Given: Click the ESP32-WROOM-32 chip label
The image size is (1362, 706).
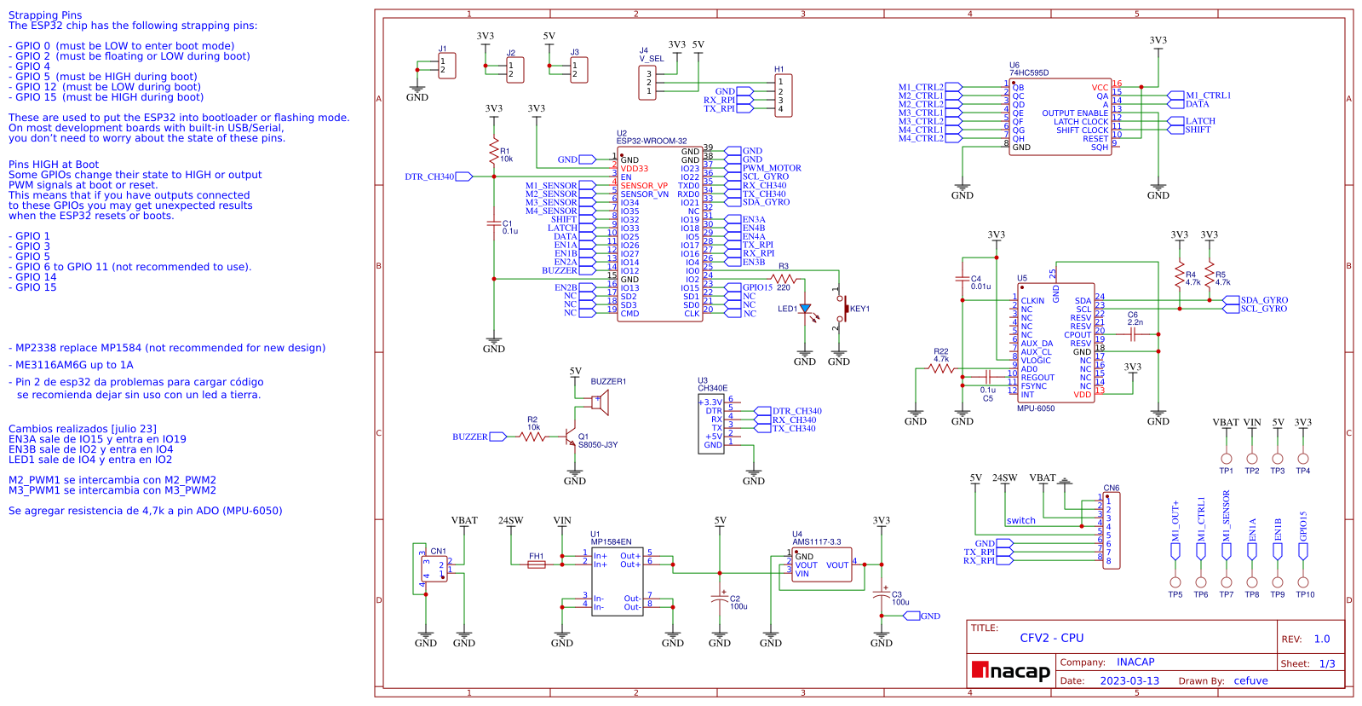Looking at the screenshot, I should (x=651, y=142).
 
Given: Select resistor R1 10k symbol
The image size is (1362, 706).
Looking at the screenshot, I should (x=494, y=153).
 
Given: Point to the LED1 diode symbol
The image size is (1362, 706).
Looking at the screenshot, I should (x=805, y=309).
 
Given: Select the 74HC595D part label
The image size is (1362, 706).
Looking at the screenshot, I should (x=1029, y=73).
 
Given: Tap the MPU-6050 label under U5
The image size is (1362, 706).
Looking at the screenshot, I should (x=1036, y=408).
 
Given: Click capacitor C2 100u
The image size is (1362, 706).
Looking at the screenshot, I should (x=720, y=599).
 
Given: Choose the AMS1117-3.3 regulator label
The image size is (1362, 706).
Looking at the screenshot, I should (x=816, y=542).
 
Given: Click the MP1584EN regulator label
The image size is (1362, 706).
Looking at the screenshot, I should (x=611, y=542).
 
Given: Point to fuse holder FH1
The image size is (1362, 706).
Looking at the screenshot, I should (x=536, y=564).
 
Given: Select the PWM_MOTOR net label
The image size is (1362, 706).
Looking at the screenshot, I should (x=772, y=168).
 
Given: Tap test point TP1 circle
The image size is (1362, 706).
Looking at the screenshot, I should (x=1226, y=459).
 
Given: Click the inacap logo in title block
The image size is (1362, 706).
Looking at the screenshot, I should (x=1011, y=672).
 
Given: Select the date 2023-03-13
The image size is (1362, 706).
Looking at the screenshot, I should (x=1129, y=681).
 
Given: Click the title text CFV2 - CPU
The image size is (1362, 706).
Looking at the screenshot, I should (x=1051, y=638).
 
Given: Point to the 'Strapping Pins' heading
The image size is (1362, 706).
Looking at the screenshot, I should (x=45, y=15).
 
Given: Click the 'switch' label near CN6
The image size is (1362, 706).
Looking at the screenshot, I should (x=1020, y=521).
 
